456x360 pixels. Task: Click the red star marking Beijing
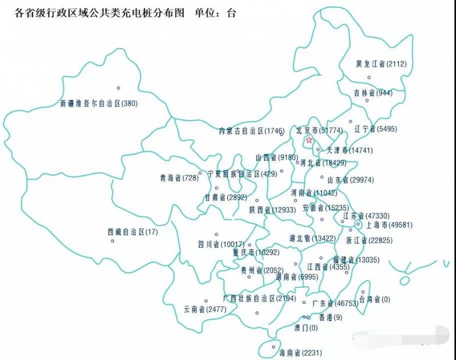[309, 140]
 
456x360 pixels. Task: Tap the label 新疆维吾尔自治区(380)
[99, 104]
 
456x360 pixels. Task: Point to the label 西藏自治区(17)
[133, 232]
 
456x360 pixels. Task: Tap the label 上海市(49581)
[389, 225]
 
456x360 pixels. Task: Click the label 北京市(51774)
[319, 131]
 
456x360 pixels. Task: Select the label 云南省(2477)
[205, 309]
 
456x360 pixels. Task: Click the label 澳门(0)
[306, 328]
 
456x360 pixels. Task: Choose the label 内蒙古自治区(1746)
[251, 131]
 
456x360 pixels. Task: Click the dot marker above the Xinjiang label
[119, 88]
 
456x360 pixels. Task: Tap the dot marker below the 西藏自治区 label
[112, 241]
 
